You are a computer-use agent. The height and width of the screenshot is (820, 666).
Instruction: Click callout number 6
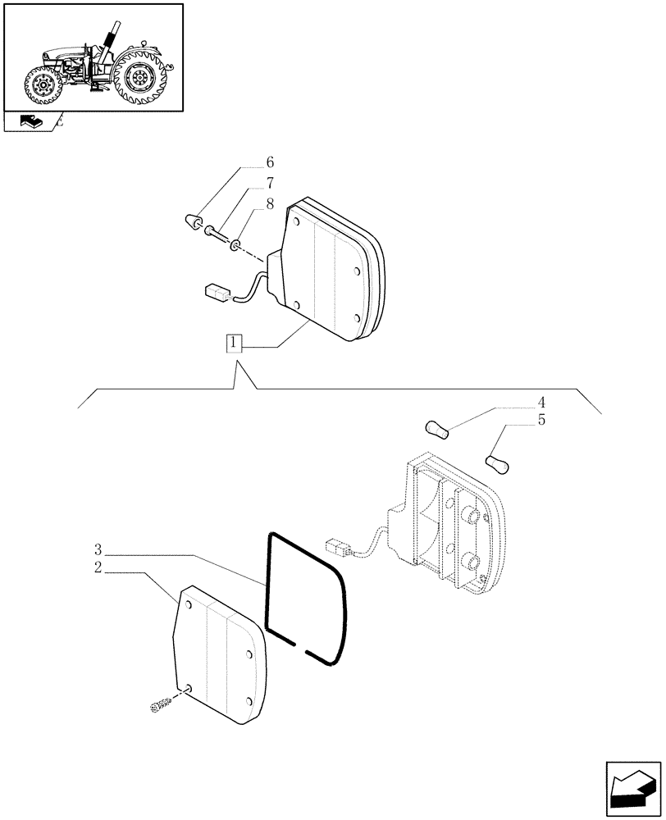point(269,162)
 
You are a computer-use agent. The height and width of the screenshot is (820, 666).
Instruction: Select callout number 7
point(269,184)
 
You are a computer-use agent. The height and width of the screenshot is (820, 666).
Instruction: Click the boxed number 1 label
point(235,344)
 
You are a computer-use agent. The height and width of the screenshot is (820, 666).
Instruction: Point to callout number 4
point(541,403)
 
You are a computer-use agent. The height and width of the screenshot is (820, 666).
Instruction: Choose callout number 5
point(541,421)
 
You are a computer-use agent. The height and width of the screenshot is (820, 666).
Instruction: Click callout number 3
point(98,549)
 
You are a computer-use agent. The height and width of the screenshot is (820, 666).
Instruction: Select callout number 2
point(98,567)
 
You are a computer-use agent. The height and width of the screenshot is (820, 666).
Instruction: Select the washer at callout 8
point(236,244)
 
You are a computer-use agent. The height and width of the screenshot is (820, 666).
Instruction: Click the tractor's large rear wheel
point(139,80)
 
